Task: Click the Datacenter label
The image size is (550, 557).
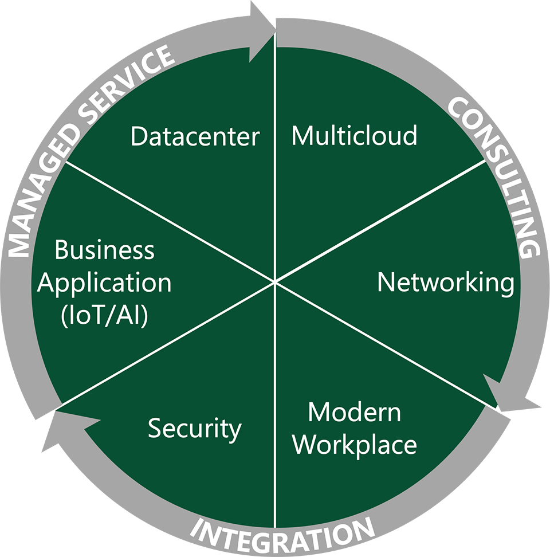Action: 195,136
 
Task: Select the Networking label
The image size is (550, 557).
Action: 446,283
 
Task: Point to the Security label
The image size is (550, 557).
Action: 195,429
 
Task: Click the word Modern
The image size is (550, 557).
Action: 354,412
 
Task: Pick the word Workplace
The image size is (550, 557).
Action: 355,445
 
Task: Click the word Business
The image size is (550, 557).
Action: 105,250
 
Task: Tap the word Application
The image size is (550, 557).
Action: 105,283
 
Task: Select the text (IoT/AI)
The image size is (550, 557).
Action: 105,315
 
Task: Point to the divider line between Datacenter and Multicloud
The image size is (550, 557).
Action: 276,172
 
